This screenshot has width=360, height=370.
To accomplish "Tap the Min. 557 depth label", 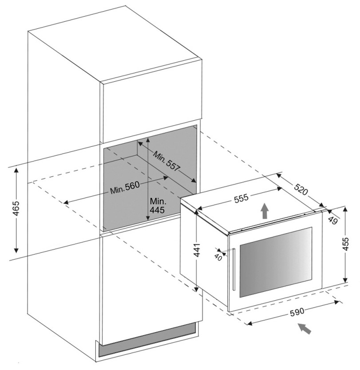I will click(x=167, y=162).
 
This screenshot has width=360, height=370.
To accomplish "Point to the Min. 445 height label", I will click(x=157, y=205).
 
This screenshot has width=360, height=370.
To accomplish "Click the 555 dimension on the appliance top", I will click(x=241, y=199).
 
